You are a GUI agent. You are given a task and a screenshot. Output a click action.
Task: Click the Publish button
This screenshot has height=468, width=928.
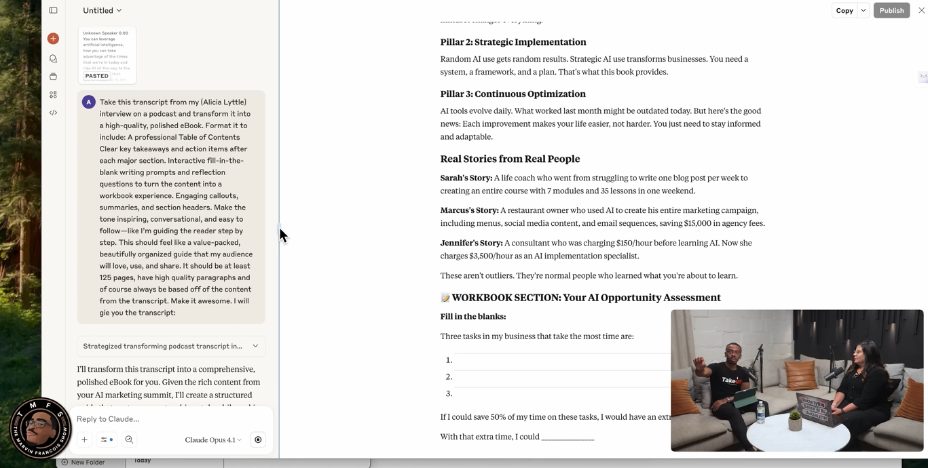point(891,10)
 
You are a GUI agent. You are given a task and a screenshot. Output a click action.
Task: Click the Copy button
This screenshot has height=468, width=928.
point(844,10)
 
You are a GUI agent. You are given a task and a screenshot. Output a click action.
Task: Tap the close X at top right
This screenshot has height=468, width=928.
point(921,10)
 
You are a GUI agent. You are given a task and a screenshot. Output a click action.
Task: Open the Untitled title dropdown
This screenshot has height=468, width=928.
point(103,10)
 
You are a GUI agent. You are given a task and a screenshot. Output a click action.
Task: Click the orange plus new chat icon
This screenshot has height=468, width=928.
point(53,39)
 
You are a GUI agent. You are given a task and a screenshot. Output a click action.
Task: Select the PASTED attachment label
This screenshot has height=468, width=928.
point(96,76)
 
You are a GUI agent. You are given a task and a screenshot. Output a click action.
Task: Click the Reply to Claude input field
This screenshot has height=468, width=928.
point(170,418)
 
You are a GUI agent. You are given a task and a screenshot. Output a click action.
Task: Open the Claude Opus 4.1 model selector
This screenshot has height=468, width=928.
point(212,440)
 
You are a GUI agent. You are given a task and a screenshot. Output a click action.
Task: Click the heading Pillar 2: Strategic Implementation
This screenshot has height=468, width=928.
point(513,42)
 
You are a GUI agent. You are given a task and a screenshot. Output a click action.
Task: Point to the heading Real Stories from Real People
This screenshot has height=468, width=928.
point(510,159)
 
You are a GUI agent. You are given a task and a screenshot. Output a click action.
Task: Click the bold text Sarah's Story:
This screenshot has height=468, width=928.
point(466,178)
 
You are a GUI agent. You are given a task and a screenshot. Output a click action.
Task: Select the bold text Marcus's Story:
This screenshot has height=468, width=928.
point(469,210)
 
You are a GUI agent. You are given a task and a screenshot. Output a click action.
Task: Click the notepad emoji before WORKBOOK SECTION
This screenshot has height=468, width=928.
point(445,298)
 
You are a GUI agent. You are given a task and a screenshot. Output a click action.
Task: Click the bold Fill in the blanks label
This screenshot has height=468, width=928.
point(472,317)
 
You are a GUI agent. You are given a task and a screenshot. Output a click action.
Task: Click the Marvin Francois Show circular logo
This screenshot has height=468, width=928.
point(40,429)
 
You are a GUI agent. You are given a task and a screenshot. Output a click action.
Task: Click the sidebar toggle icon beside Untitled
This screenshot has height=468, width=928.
point(53,10)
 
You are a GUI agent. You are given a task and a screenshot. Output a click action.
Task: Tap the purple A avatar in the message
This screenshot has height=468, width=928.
point(88,102)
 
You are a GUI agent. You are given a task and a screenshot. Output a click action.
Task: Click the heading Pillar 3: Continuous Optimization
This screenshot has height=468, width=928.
point(513,94)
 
